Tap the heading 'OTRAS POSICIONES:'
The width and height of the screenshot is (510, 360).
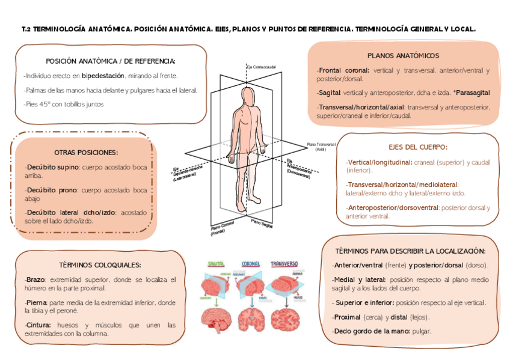[86, 153]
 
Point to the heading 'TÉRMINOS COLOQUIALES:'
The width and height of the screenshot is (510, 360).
[100, 264]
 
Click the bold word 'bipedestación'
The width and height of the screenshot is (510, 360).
[103, 76]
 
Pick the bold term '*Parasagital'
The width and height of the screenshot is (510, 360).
[472, 93]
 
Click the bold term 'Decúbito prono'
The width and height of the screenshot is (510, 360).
[51, 190]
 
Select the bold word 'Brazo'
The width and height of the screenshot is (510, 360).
[36, 280]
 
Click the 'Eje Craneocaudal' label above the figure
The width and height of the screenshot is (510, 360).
[260, 66]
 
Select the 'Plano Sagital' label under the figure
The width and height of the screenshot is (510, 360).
[262, 224]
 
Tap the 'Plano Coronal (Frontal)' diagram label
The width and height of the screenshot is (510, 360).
[222, 229]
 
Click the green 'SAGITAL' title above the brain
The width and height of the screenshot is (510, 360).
[216, 264]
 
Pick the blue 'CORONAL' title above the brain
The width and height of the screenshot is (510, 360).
[251, 264]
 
